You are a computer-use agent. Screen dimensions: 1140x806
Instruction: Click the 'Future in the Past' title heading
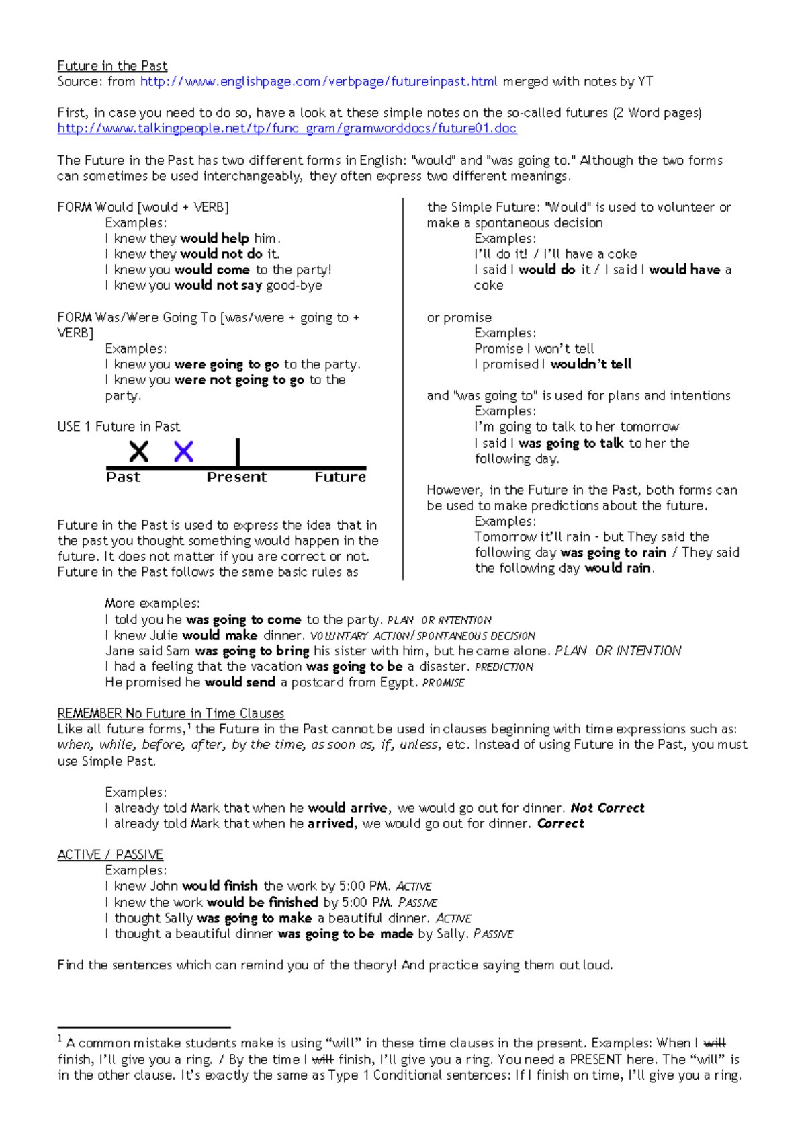pos(112,66)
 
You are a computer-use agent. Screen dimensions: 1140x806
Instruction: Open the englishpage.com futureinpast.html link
pos(318,82)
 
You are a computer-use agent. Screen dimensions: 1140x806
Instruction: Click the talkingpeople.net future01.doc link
pos(287,128)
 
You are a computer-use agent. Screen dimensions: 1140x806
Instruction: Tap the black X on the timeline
pos(139,452)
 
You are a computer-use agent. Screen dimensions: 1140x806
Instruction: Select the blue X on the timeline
pos(183,452)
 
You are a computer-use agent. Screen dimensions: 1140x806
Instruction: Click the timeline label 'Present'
pos(236,477)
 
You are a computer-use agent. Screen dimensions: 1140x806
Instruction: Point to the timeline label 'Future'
pos(340,477)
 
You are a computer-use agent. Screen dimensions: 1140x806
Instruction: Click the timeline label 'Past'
pos(123,477)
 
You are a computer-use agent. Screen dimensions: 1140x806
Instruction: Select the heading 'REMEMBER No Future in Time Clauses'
pos(171,713)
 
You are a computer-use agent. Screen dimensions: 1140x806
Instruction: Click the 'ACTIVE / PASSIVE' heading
pos(110,854)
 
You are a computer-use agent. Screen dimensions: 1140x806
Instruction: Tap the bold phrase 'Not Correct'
pos(607,808)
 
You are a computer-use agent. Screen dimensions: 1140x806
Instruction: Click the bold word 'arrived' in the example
pos(330,824)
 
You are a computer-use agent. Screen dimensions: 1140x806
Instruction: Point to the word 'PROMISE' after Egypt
pos(443,683)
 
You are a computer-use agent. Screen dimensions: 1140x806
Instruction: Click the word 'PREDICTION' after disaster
pos(504,667)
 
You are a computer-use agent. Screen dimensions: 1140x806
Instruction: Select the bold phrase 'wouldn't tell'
pos(591,364)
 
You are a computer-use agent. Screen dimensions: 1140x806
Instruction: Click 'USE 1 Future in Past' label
pos(118,427)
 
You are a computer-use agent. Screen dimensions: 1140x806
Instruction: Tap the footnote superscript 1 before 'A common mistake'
pos(60,1039)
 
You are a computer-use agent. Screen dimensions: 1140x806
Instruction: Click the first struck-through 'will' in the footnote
pos(714,1044)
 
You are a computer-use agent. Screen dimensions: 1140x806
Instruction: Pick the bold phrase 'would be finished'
pos(262,903)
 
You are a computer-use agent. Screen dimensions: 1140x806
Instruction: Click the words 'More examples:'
pos(152,604)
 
